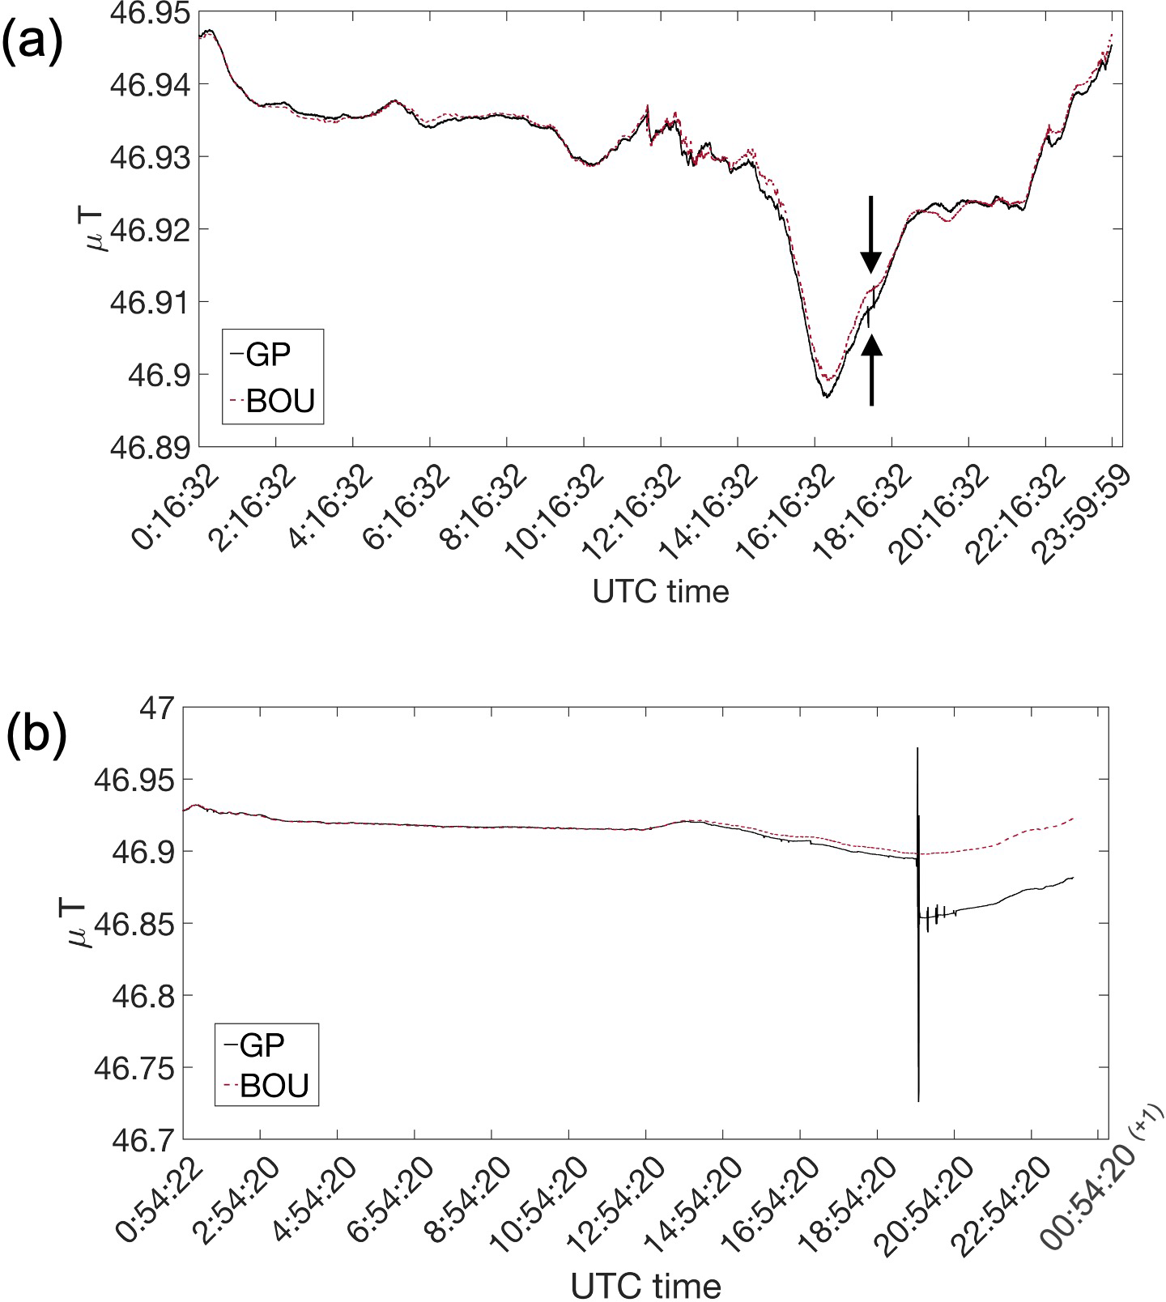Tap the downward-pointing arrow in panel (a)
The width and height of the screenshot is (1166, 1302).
[x=870, y=235]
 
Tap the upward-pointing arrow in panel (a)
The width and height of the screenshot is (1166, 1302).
[x=871, y=371]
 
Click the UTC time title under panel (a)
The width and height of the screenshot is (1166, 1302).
[x=661, y=592]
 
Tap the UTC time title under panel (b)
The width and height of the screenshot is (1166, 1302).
[x=645, y=1285]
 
